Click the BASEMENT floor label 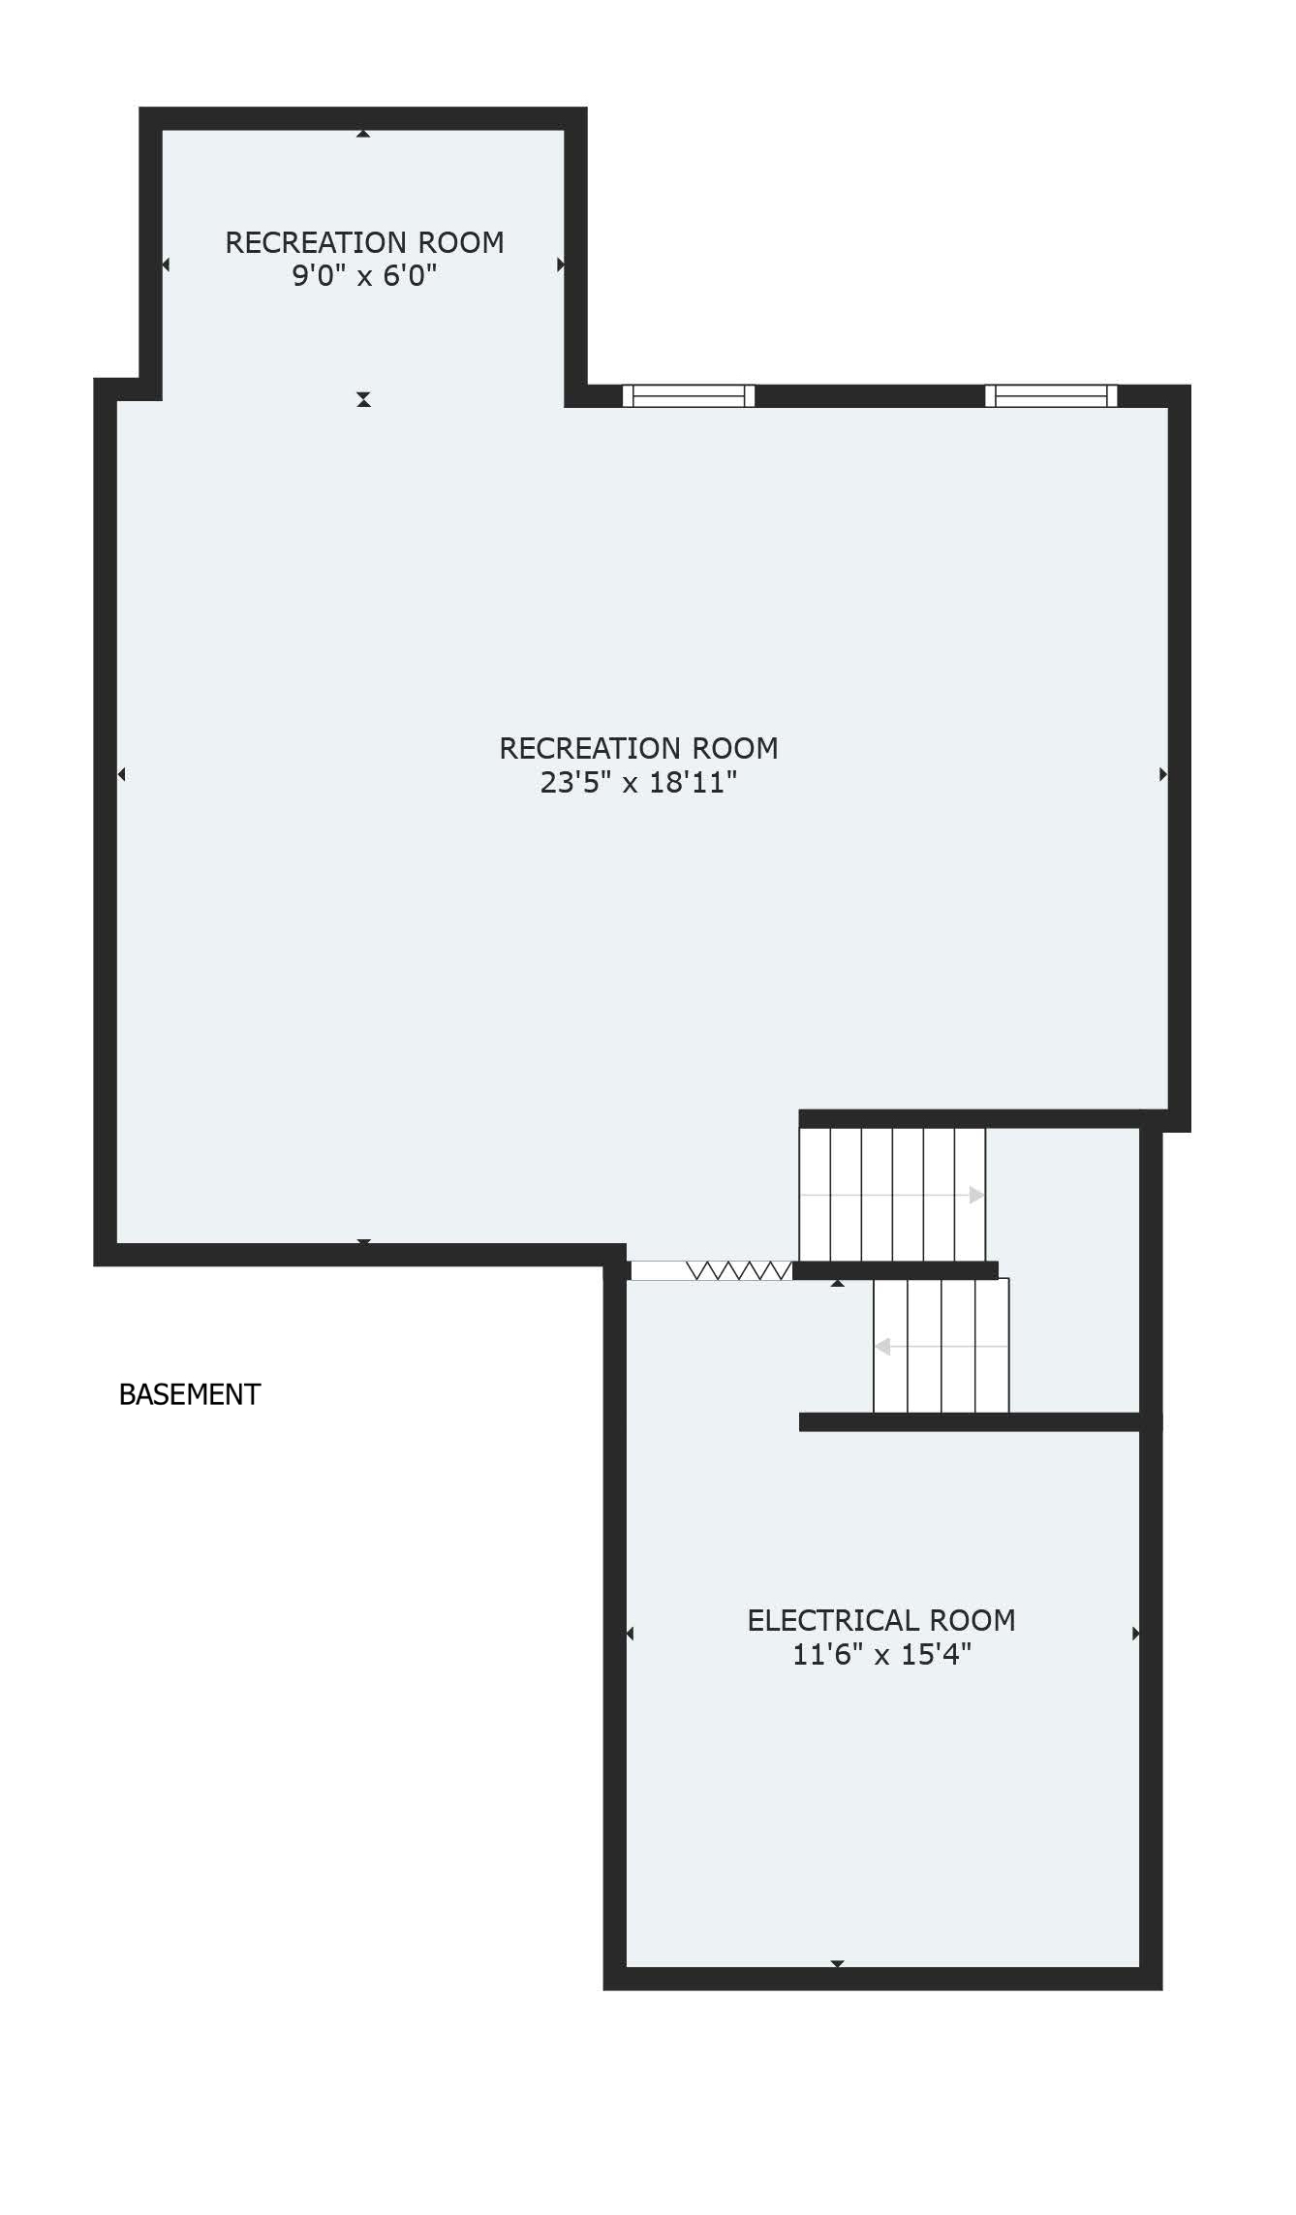(190, 1394)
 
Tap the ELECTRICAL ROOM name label (881, 1620)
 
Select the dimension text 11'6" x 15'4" (881, 1654)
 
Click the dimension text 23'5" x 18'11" (638, 782)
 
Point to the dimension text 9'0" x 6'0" (364, 275)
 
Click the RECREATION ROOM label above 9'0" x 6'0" (364, 242)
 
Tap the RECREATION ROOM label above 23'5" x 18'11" (638, 748)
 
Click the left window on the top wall (689, 395)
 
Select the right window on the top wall (1051, 395)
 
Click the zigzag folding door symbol (738, 1270)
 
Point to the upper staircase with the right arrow (892, 1194)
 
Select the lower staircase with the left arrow (941, 1346)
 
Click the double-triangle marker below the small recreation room (363, 399)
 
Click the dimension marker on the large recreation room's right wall (1163, 774)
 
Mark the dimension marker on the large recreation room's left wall (121, 774)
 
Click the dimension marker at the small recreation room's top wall (363, 134)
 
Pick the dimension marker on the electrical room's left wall (630, 1634)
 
